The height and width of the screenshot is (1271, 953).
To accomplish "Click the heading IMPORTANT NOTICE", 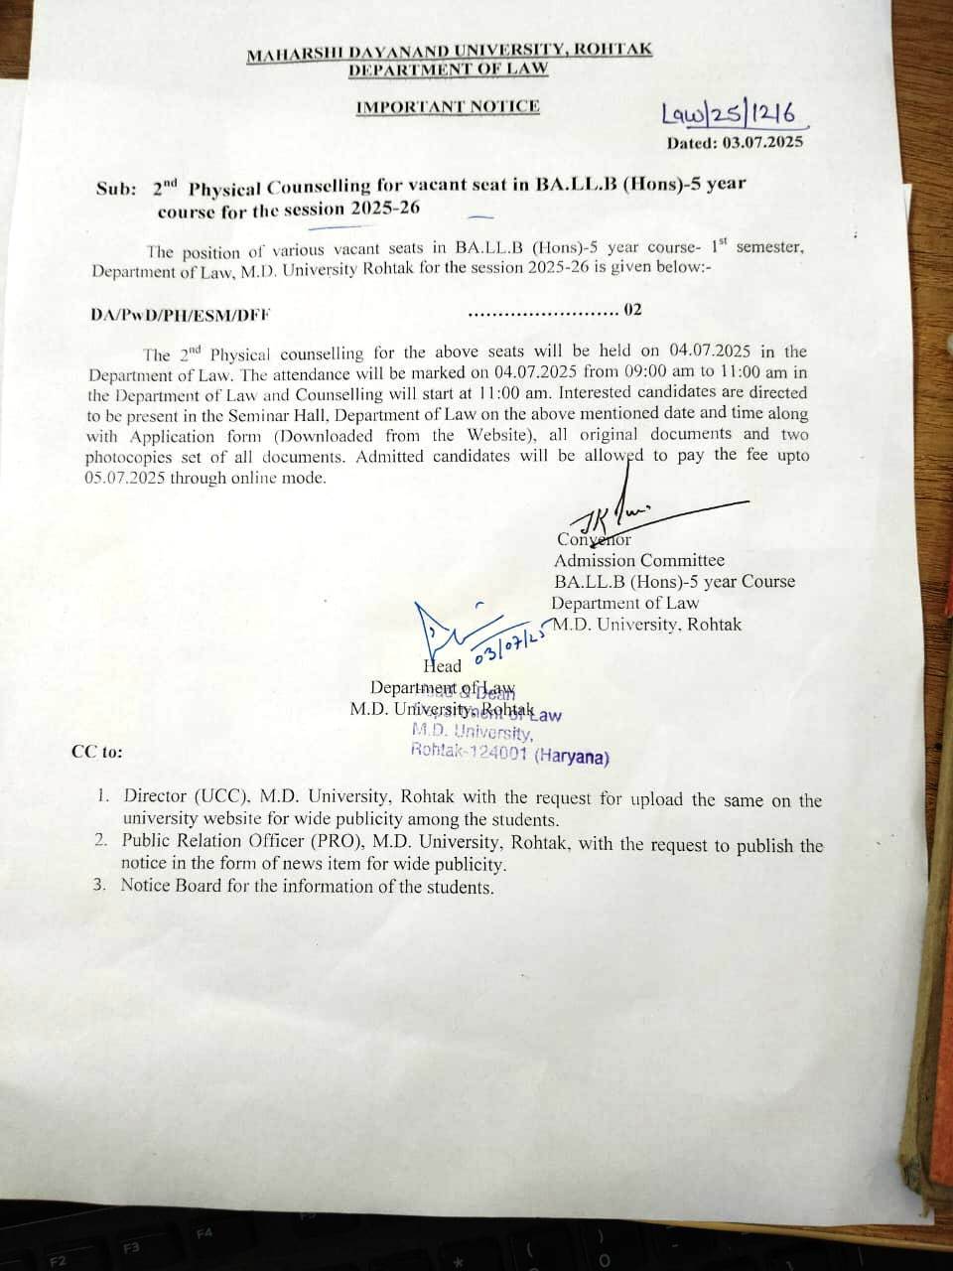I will pos(448,106).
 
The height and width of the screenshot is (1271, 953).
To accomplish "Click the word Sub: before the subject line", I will pos(116,188).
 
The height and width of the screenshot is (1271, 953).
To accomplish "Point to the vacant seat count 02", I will pos(632,310).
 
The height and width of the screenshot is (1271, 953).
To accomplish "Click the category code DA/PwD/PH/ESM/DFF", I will pos(180,315).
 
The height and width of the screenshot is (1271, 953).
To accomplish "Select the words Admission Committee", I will pos(639,561).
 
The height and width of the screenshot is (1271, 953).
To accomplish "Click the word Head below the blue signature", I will pos(443,666).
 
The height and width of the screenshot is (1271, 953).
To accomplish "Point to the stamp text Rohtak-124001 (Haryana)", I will pos(510,754).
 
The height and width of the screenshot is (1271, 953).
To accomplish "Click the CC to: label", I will pos(97,752).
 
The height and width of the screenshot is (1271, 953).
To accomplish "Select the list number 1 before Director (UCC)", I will pos(102,796).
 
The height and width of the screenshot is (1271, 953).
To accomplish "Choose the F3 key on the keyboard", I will pos(132,1247).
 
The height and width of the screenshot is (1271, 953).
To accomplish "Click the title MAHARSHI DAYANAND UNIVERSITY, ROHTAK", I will pos(450,52).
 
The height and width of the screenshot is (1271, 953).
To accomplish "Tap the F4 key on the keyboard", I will pos(205,1233).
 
